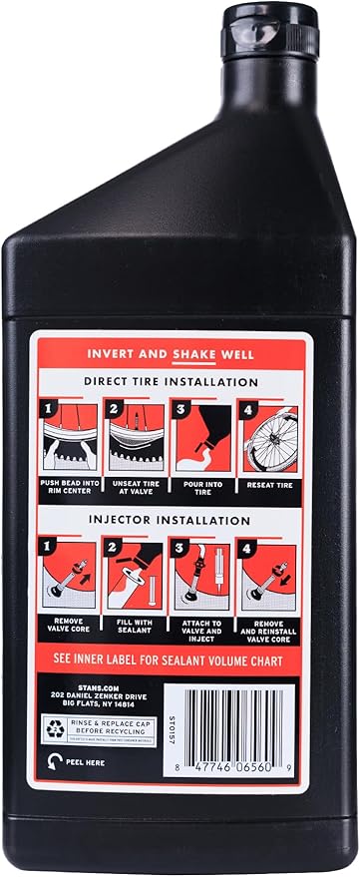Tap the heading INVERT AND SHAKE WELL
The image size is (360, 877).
pos(182,353)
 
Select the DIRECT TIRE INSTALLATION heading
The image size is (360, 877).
pos(182,381)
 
